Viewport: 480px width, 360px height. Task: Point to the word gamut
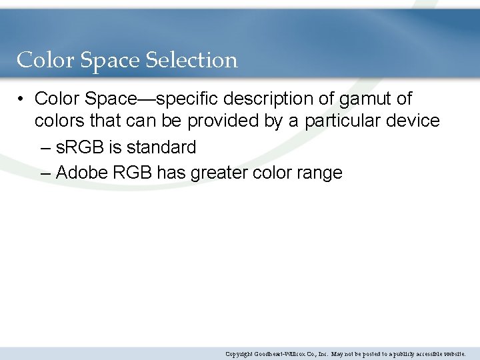[361, 99]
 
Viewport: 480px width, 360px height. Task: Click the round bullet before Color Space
[22, 99]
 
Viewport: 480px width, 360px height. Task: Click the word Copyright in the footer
[239, 354]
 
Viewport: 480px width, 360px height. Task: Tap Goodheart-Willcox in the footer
[283, 354]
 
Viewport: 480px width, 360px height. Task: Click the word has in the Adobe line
[171, 173]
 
